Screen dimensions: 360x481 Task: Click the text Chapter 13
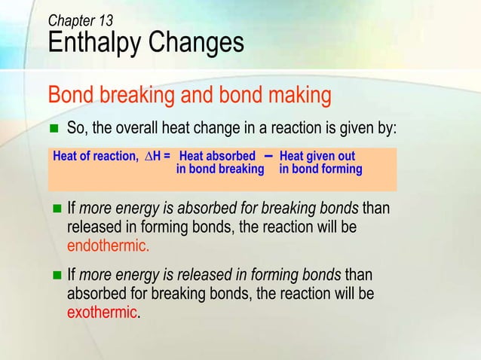pos(81,21)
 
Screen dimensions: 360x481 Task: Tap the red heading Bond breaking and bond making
pos(189,96)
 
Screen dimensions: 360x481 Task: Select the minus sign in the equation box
pos(269,155)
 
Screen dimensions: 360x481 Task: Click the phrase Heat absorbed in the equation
pos(217,157)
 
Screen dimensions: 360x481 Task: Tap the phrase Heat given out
pos(317,157)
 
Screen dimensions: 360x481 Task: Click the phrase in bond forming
pos(320,169)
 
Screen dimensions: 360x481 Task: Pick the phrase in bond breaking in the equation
pos(219,169)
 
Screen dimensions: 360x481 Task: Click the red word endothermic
pos(109,245)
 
